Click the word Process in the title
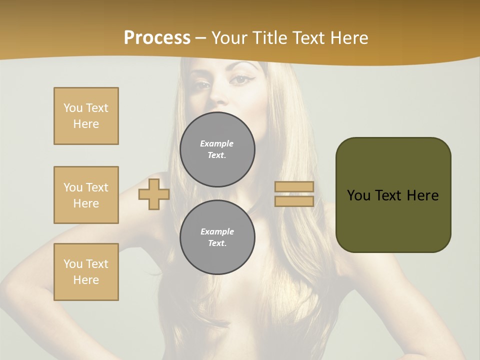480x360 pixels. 157,38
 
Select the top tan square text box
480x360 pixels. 86,116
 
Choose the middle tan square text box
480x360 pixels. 86,195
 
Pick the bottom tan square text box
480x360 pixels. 86,272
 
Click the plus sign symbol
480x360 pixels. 154,194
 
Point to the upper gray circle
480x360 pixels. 217,149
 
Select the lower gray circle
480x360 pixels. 217,237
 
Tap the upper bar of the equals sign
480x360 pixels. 294,186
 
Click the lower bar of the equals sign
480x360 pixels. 294,201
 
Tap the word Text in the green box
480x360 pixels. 389,195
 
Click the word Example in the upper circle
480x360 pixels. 217,143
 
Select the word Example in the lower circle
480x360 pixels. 217,231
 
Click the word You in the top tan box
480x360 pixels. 73,108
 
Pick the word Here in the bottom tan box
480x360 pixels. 86,280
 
